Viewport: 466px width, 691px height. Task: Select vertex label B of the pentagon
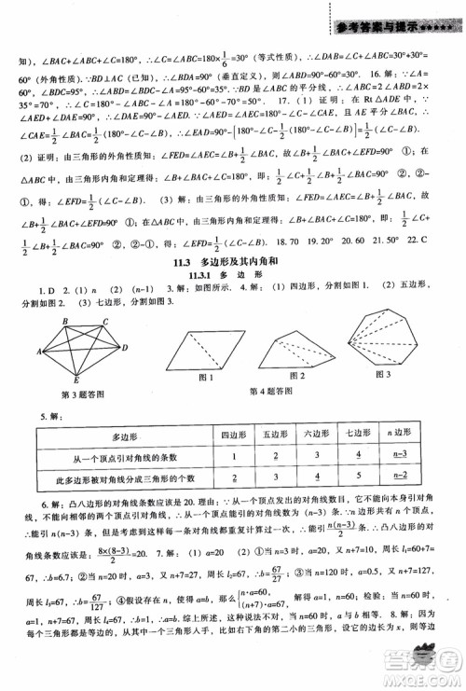click(62, 317)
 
